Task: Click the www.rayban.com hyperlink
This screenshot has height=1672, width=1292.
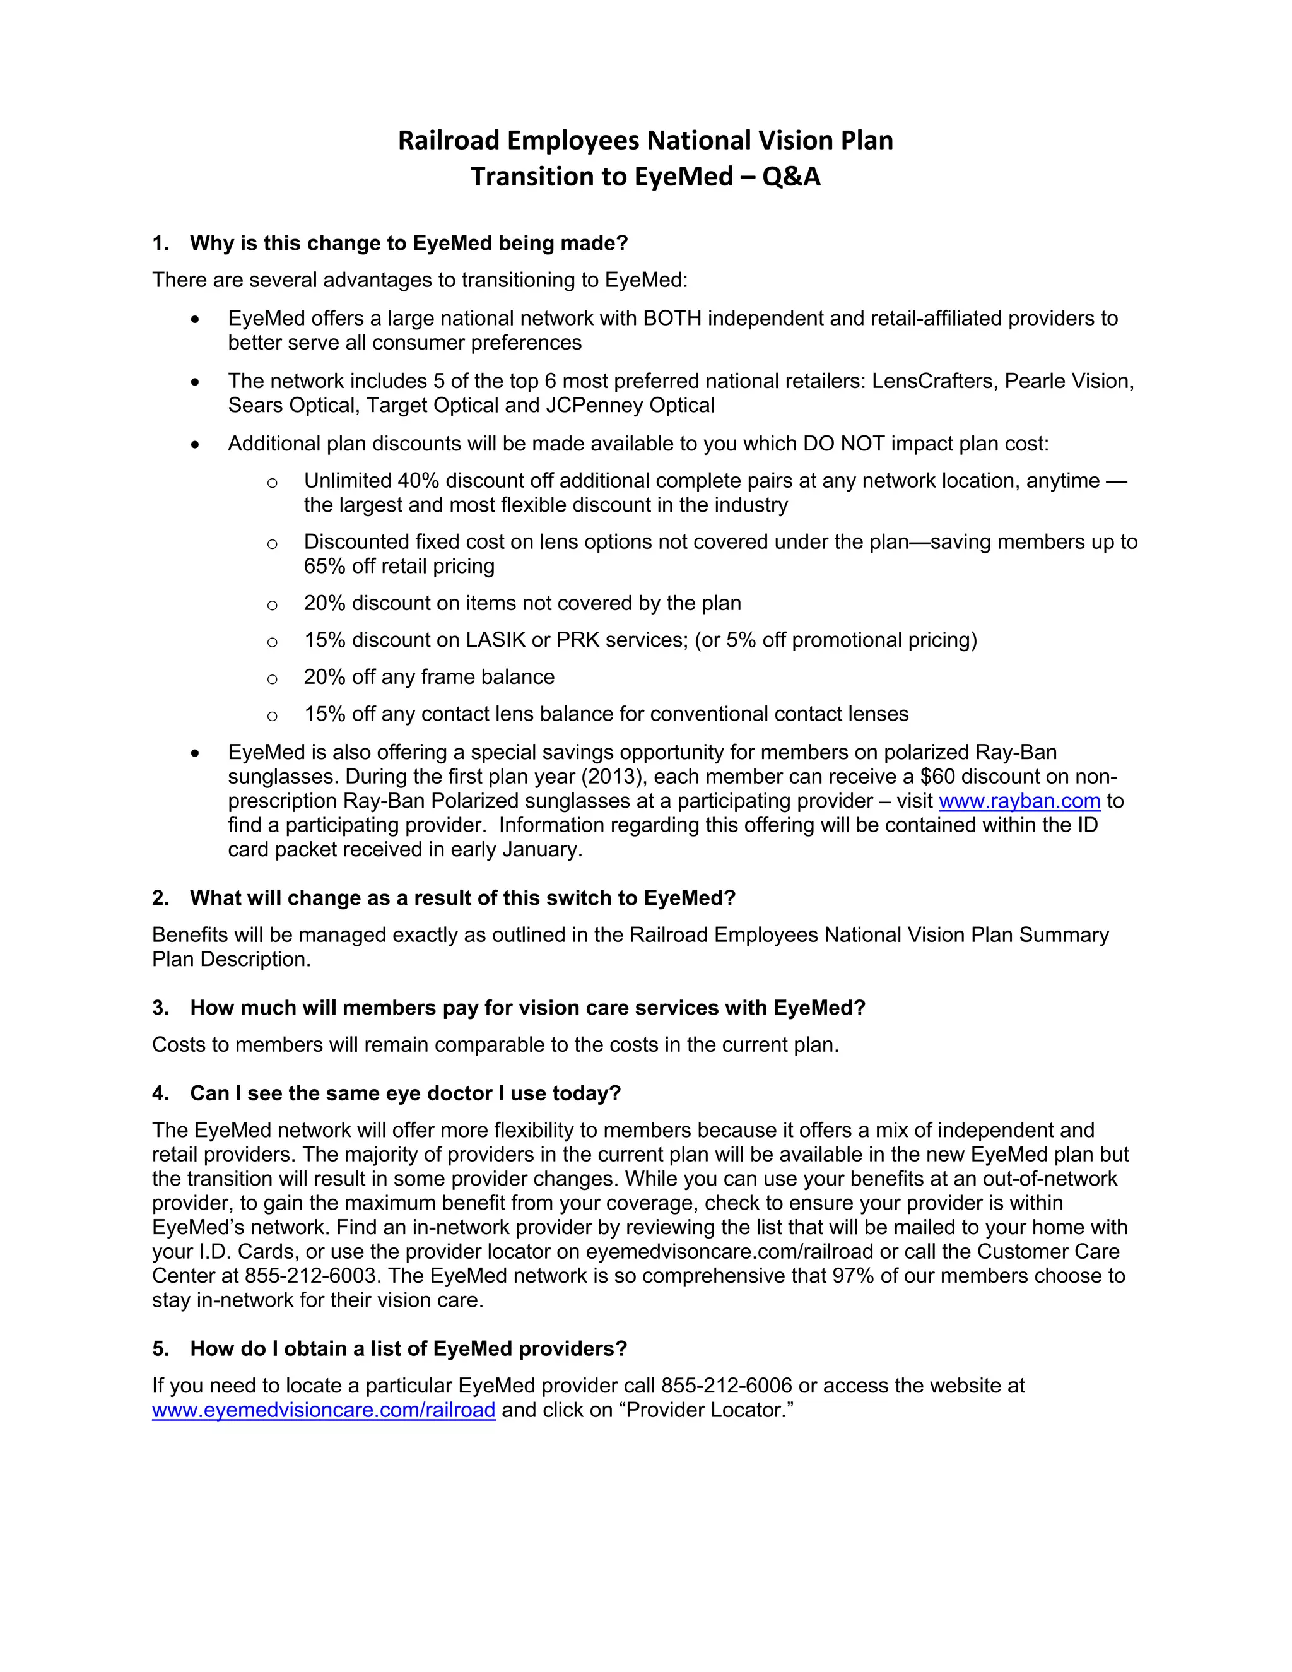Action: click(1019, 801)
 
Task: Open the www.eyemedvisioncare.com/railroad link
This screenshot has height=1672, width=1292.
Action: click(323, 1410)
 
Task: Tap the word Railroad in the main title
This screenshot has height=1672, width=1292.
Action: click(449, 141)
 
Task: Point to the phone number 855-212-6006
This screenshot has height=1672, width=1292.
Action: click(726, 1385)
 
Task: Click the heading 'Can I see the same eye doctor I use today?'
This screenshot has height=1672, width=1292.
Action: click(405, 1093)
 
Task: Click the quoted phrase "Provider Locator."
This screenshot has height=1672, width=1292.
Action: click(710, 1410)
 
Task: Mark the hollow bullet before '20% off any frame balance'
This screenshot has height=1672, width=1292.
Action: click(272, 679)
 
